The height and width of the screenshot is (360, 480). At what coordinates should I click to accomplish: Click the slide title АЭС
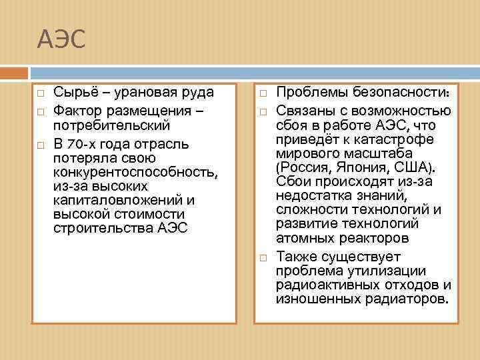point(61,40)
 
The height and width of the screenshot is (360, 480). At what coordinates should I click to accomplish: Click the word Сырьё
point(75,93)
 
